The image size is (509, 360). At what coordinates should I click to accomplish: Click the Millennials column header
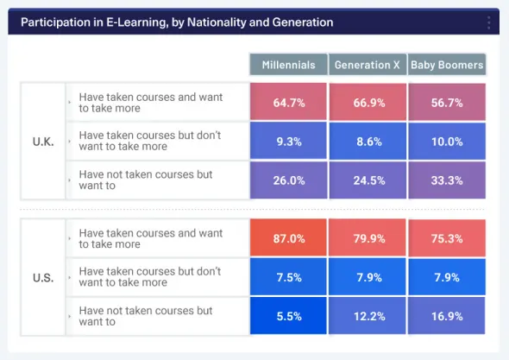tap(288, 66)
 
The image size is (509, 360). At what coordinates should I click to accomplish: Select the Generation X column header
tap(367, 66)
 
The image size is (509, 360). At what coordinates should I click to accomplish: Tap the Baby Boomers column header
tap(447, 66)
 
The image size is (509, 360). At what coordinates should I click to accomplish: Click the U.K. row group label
tap(43, 142)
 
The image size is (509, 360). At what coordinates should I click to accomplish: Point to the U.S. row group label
tap(43, 278)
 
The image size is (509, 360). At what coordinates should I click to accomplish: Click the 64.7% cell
tap(288, 102)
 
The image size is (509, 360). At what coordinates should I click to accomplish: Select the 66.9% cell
tap(367, 102)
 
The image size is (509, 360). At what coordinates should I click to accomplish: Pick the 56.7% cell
tap(447, 102)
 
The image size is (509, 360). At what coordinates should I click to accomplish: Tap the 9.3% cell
tap(288, 142)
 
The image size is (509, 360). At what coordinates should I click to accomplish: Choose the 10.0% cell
tap(447, 142)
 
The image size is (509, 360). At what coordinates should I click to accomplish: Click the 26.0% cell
tap(288, 180)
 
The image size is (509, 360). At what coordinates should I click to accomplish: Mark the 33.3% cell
tap(447, 180)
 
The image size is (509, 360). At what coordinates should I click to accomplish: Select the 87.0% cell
tap(288, 238)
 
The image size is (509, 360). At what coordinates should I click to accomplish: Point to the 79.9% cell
tap(367, 238)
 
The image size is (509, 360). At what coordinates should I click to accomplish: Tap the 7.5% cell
tap(288, 277)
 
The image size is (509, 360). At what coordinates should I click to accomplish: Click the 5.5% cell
tap(288, 316)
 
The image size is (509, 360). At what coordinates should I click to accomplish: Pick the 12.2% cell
tap(367, 316)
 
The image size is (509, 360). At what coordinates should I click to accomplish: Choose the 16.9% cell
tap(447, 316)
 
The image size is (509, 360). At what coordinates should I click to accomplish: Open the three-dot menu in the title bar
tap(488, 22)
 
